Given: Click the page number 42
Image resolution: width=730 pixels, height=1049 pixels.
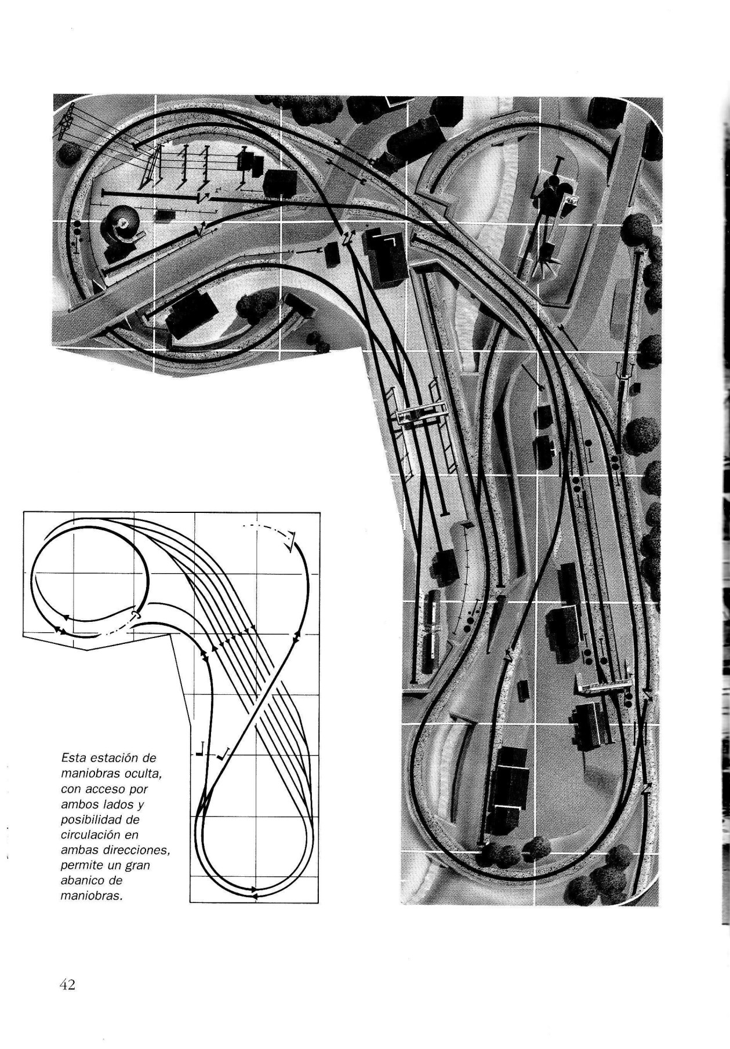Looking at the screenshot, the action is tap(67, 984).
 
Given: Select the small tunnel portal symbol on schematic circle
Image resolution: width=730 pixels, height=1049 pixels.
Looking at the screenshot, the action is tap(135, 613).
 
